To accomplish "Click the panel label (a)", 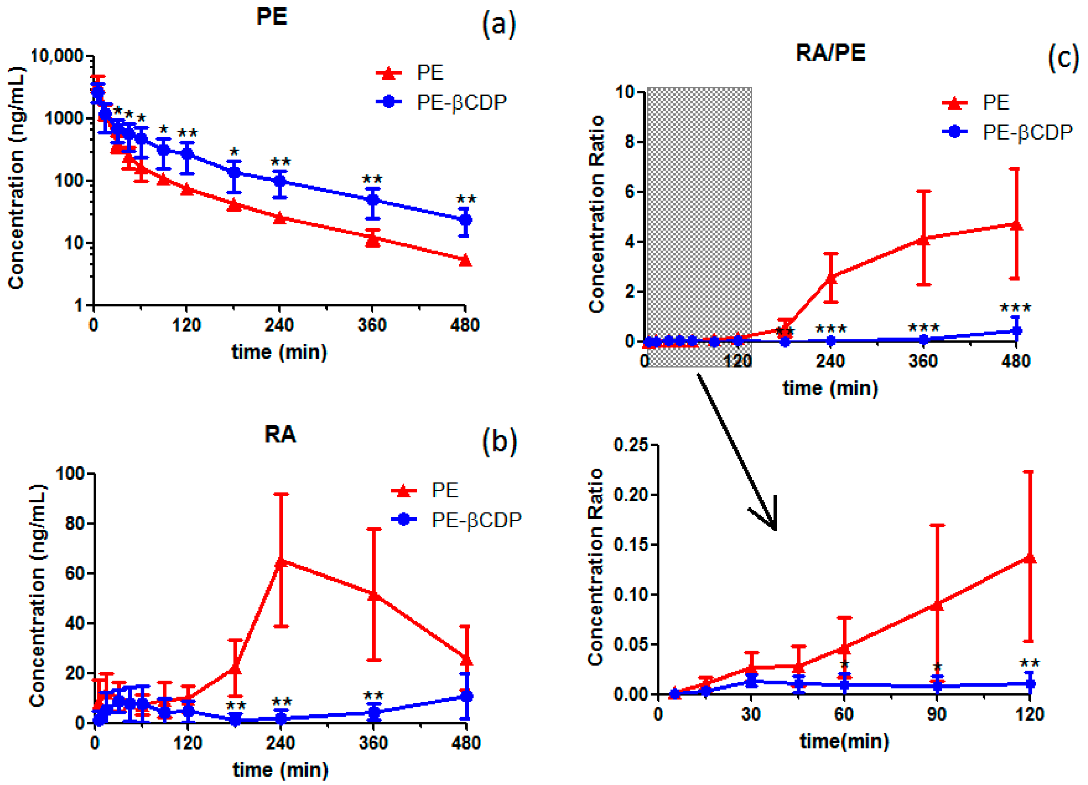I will click(499, 24).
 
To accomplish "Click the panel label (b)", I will click(499, 441).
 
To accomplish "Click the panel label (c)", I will click(1063, 57).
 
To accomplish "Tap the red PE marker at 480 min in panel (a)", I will click(465, 260).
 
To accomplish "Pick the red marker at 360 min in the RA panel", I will click(374, 595).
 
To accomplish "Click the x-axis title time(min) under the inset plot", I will click(844, 741).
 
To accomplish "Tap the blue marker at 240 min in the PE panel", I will click(280, 181).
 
